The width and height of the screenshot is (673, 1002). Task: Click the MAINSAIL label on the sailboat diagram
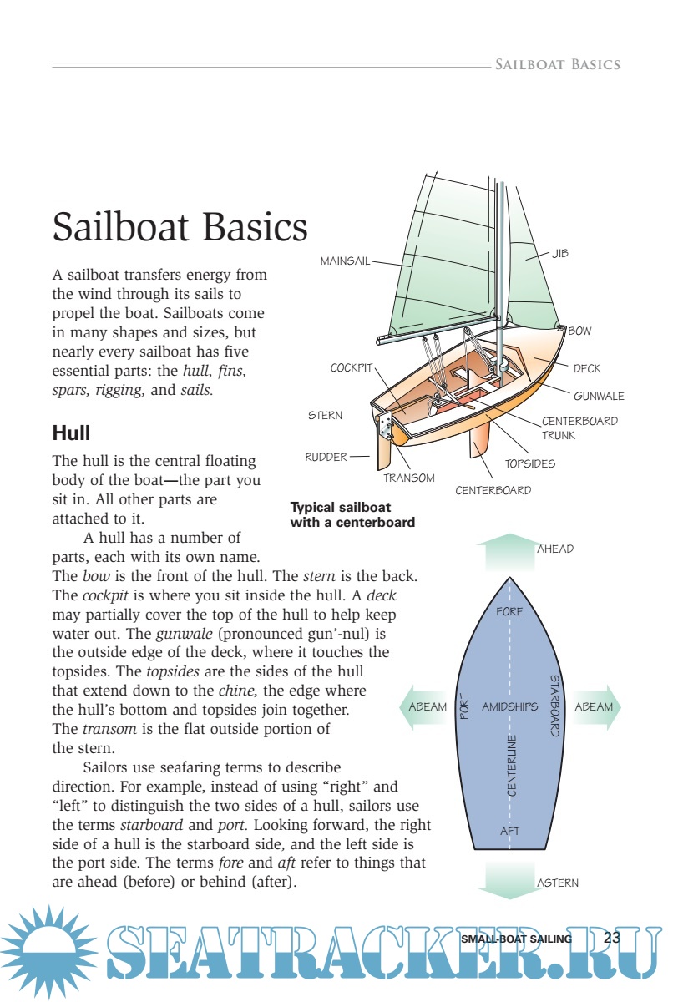(x=345, y=261)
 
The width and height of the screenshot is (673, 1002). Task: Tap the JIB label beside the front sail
(x=559, y=253)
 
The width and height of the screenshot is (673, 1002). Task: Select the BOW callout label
(x=579, y=331)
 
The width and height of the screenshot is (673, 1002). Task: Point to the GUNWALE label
(x=599, y=396)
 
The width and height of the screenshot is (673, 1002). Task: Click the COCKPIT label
(x=352, y=368)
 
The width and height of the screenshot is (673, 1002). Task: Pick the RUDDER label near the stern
(x=326, y=457)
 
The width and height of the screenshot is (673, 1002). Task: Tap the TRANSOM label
(x=409, y=478)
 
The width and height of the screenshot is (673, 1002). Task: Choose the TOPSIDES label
(x=529, y=463)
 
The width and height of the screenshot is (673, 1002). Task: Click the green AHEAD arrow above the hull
(x=509, y=551)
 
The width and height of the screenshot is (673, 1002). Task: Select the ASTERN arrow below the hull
(x=509, y=881)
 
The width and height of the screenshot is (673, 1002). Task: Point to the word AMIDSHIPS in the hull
(x=509, y=706)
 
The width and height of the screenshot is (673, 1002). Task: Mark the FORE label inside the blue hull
(x=509, y=611)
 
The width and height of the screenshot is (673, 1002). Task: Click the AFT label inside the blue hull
(x=510, y=831)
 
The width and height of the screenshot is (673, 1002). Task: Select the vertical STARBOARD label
(x=554, y=706)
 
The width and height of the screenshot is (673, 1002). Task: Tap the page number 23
(x=612, y=938)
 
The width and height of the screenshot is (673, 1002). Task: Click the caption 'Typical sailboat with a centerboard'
(x=352, y=514)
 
